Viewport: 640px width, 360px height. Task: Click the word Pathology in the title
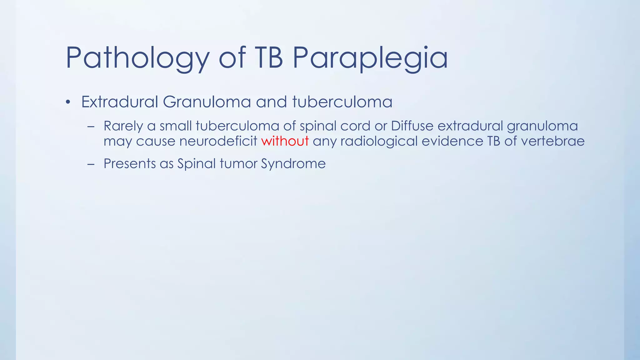pos(137,58)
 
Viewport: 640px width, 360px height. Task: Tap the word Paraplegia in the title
pos(370,58)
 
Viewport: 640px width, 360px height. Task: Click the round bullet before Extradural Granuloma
pos(68,102)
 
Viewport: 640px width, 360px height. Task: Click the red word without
pos(285,141)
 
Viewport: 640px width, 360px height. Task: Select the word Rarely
pos(123,126)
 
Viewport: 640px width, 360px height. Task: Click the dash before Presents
pos(91,164)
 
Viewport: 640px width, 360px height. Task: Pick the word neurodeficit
pos(218,141)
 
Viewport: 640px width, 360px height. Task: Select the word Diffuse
pos(412,126)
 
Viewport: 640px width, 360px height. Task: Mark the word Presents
pos(129,163)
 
